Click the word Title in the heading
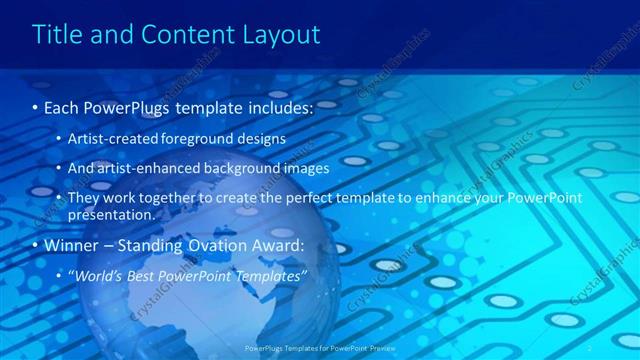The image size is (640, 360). point(57,35)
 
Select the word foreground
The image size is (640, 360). point(212,138)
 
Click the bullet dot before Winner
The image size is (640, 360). point(35,246)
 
